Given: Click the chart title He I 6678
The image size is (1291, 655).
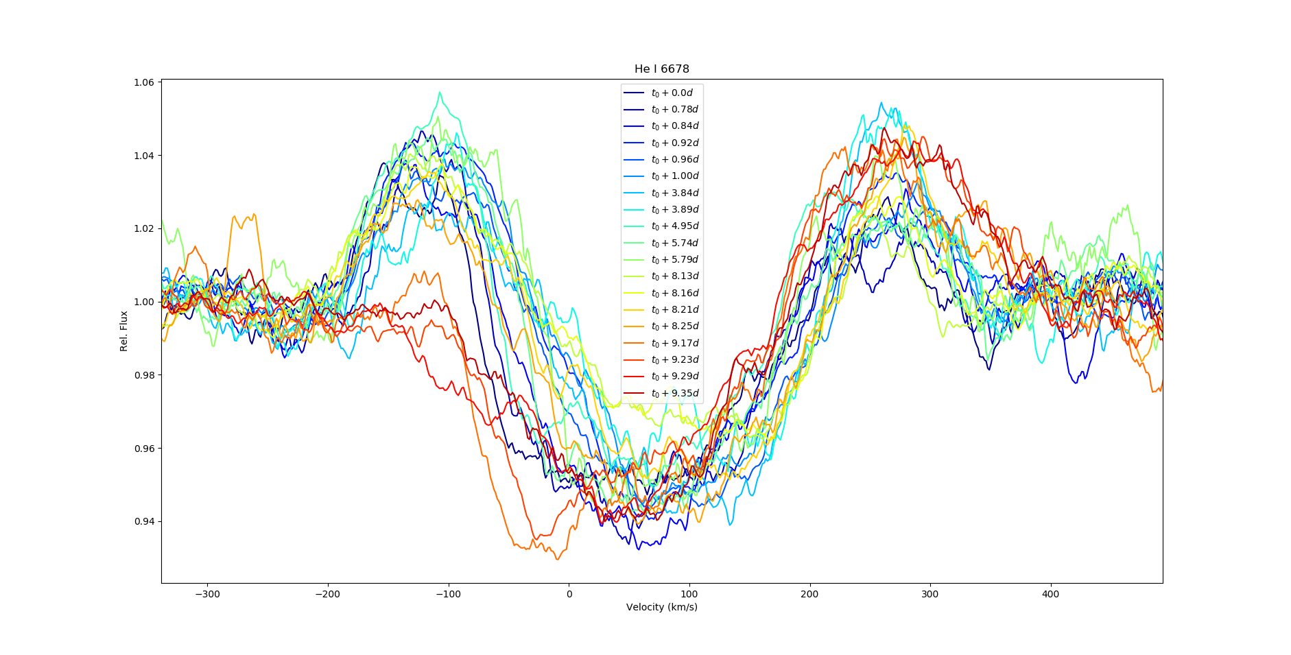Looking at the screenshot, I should [x=661, y=69].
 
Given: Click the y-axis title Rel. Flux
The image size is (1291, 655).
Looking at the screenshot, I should [x=124, y=331].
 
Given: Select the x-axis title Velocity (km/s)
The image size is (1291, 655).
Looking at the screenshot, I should [x=661, y=607].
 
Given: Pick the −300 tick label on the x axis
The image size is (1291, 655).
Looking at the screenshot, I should [x=207, y=594].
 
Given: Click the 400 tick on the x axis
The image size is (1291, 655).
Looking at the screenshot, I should [x=1050, y=594].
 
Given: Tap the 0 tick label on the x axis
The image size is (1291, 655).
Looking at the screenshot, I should [x=569, y=594].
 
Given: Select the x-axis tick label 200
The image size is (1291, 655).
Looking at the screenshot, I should [x=809, y=594].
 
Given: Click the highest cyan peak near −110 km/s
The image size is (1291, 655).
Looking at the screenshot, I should [x=440, y=93].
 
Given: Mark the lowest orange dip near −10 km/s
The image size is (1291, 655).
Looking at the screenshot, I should [x=557, y=559].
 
